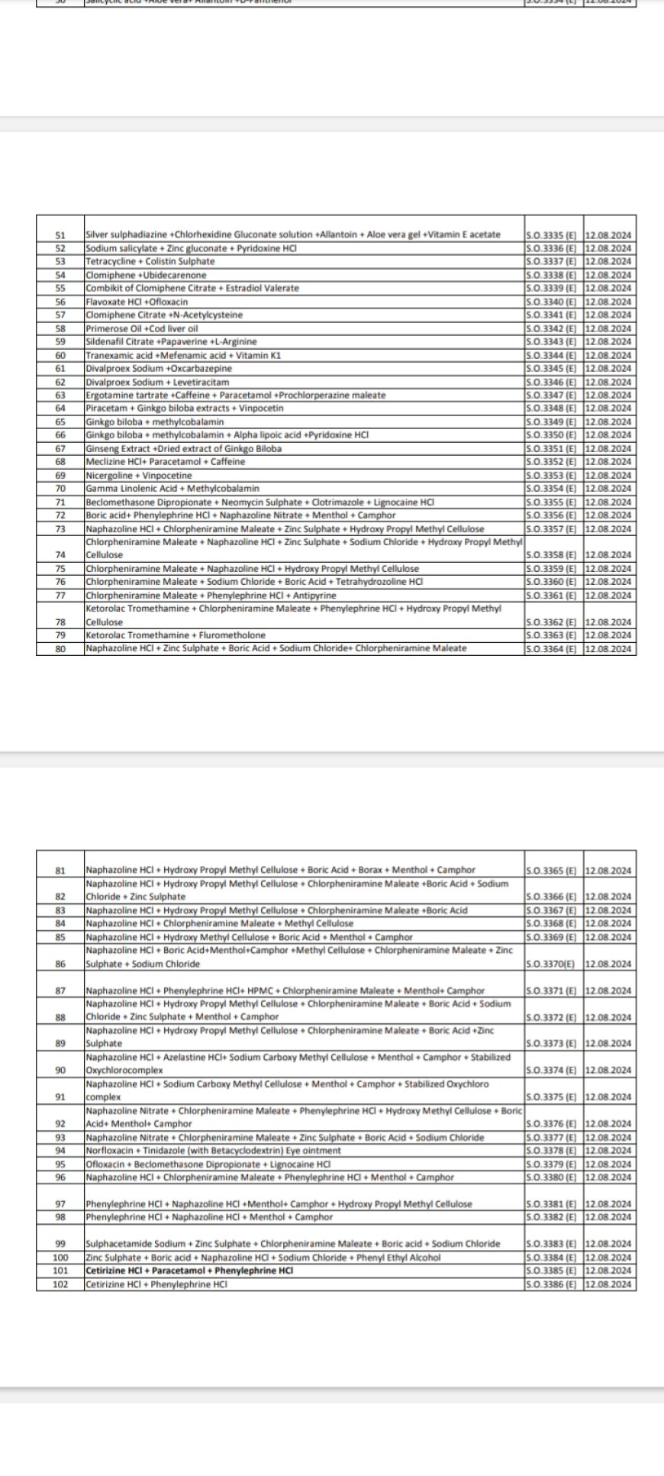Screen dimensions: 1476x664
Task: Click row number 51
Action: pyautogui.click(x=61, y=235)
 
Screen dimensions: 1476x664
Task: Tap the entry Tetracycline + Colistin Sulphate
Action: pyautogui.click(x=150, y=262)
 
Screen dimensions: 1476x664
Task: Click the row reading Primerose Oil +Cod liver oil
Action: pyautogui.click(x=142, y=328)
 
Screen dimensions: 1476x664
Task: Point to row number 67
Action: pyautogui.click(x=61, y=449)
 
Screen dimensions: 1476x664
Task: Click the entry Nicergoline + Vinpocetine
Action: pyautogui.click(x=139, y=476)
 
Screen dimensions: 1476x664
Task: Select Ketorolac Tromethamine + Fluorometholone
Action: pyautogui.click(x=176, y=635)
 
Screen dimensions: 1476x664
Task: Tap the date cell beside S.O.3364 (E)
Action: pyautogui.click(x=608, y=649)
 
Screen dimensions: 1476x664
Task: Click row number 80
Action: pyautogui.click(x=61, y=649)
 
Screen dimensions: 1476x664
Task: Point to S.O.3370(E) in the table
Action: pyautogui.click(x=551, y=964)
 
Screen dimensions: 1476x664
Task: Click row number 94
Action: pyautogui.click(x=61, y=1151)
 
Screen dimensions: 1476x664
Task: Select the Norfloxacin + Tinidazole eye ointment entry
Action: pyautogui.click(x=213, y=1151)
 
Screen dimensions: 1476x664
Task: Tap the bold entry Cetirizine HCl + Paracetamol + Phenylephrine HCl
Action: pyautogui.click(x=189, y=1271)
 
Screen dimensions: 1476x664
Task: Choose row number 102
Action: pyautogui.click(x=61, y=1284)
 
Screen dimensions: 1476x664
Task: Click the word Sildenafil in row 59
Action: pyautogui.click(x=104, y=342)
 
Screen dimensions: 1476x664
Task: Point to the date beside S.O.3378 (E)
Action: pyautogui.click(x=608, y=1151)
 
